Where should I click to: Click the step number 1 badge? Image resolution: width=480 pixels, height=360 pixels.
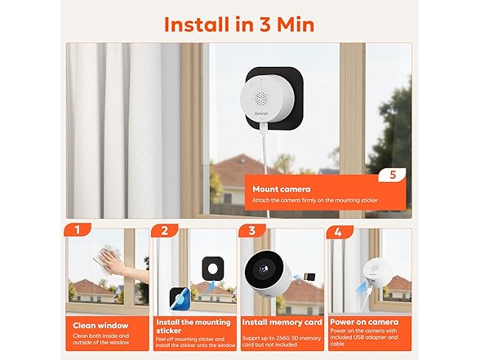(77, 232)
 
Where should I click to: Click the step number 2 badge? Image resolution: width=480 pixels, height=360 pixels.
(165, 232)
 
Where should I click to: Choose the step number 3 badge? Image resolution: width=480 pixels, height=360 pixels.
(252, 232)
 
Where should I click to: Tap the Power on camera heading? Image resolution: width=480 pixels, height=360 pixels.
(372, 321)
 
